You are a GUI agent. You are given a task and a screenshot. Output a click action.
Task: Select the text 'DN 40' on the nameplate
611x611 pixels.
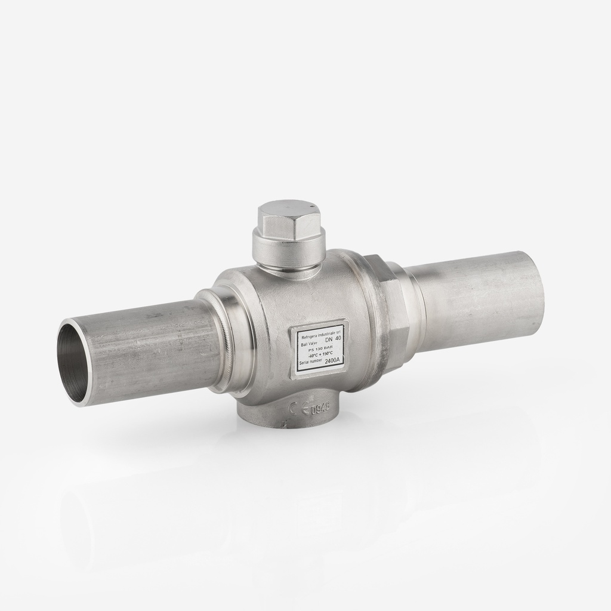[332, 338]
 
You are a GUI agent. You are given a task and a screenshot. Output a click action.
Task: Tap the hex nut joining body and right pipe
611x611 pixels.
[391, 316]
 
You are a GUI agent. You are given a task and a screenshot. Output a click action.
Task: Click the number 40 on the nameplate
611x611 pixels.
[338, 338]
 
